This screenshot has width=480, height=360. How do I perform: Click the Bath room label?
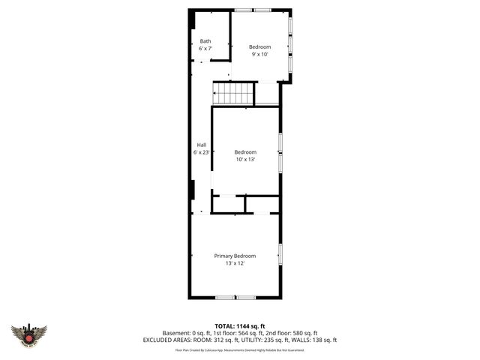[205, 41]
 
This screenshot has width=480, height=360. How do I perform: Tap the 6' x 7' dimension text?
[205, 49]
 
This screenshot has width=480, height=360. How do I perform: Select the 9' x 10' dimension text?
[259, 55]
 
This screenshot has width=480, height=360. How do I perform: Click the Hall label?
[201, 145]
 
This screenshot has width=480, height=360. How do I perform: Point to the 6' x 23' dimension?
[201, 152]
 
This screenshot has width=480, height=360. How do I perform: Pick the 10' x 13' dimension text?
[245, 160]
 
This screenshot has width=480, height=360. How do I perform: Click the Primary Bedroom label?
[235, 256]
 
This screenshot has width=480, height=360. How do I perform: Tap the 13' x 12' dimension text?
[235, 263]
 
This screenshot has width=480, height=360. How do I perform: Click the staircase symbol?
[235, 94]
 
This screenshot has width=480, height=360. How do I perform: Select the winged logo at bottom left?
[28, 334]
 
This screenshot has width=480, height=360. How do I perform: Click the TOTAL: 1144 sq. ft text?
[240, 325]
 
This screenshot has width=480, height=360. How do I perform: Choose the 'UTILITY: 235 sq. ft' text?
[259, 340]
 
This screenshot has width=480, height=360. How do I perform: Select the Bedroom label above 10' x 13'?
[245, 152]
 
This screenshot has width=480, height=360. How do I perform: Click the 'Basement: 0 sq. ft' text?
[187, 333]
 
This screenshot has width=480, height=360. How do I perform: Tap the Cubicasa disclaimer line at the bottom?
[240, 349]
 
